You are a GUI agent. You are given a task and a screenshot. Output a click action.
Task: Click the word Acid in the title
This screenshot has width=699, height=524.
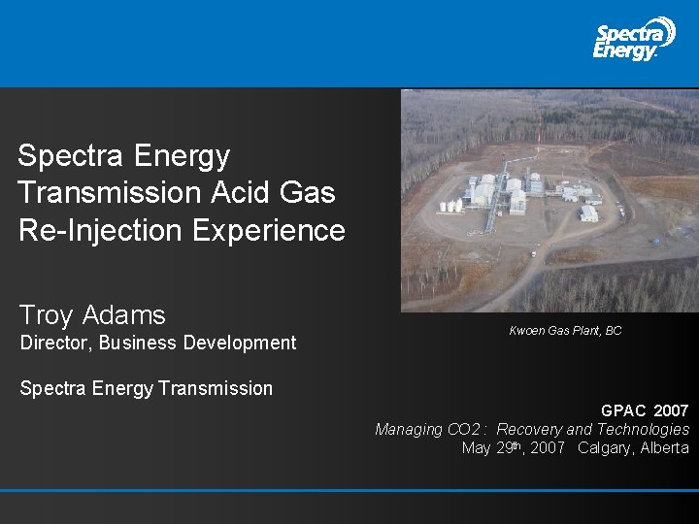tap(234, 192)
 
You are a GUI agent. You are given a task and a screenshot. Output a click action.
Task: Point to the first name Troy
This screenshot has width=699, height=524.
tap(46, 315)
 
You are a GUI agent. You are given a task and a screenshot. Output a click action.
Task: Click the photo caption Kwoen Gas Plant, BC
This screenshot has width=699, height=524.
tap(565, 331)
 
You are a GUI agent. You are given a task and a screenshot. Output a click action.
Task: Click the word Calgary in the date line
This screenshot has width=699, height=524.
tap(605, 447)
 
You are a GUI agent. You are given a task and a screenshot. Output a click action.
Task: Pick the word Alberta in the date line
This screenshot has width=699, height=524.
tap(664, 447)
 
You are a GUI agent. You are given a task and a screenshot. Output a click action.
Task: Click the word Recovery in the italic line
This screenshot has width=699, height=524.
tap(528, 429)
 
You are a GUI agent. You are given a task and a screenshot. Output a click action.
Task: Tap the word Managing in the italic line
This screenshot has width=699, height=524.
tap(409, 429)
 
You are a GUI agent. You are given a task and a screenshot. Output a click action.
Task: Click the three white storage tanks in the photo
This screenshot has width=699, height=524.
tap(449, 206)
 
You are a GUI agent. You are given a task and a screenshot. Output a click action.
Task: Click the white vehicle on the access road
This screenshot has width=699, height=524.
tap(532, 254)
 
